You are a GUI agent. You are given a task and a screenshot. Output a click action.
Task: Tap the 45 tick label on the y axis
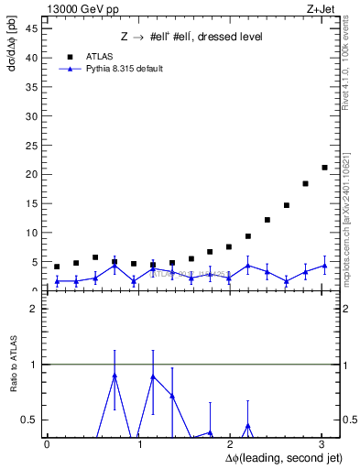coord(31,27)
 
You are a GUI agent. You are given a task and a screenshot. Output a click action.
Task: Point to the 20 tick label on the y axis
coord(31,174)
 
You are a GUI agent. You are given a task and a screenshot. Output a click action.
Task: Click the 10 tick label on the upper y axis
coord(31,233)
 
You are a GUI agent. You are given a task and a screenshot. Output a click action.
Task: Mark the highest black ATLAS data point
coord(324,168)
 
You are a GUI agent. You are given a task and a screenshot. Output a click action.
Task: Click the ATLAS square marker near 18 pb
coord(305,184)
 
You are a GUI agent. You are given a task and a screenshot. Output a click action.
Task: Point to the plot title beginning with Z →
coord(191,37)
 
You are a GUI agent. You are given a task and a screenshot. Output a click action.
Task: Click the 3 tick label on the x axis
coord(322,444)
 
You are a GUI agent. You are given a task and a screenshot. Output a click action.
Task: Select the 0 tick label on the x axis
coord(47,444)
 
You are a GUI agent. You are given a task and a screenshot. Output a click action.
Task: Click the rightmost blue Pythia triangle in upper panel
coord(324,266)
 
